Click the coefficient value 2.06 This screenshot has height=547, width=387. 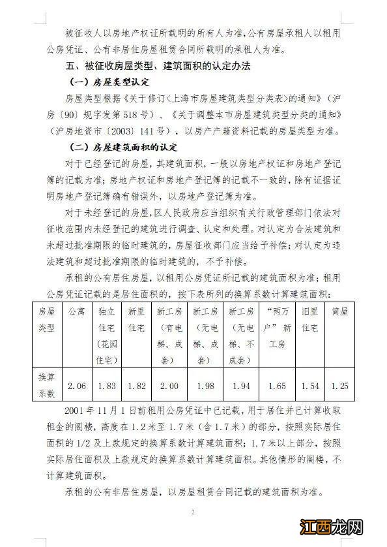click(77, 385)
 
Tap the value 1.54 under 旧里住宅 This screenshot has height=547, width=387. click(310, 385)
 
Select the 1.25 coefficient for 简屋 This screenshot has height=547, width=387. click(341, 385)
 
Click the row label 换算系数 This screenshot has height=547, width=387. click(48, 385)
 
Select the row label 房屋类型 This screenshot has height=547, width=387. click(48, 318)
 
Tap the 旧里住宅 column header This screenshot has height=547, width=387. click(310, 318)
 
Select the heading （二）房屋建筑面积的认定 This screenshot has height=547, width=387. click(123, 148)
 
